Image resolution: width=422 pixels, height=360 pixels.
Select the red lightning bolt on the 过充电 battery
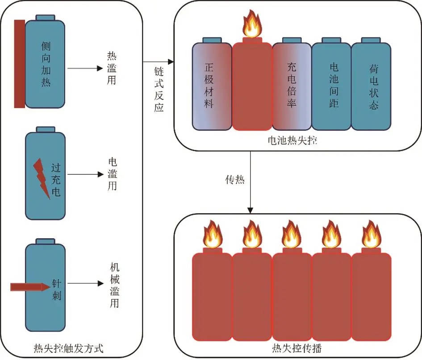click(x=41, y=179)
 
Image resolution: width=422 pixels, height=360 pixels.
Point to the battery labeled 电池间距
click(x=331, y=85)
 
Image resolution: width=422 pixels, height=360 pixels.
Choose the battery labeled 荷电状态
click(x=371, y=85)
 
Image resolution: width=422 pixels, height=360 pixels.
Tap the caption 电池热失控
click(x=292, y=140)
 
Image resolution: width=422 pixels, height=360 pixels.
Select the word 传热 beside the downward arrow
click(x=235, y=181)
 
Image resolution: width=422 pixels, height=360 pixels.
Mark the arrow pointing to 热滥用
click(x=85, y=69)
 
